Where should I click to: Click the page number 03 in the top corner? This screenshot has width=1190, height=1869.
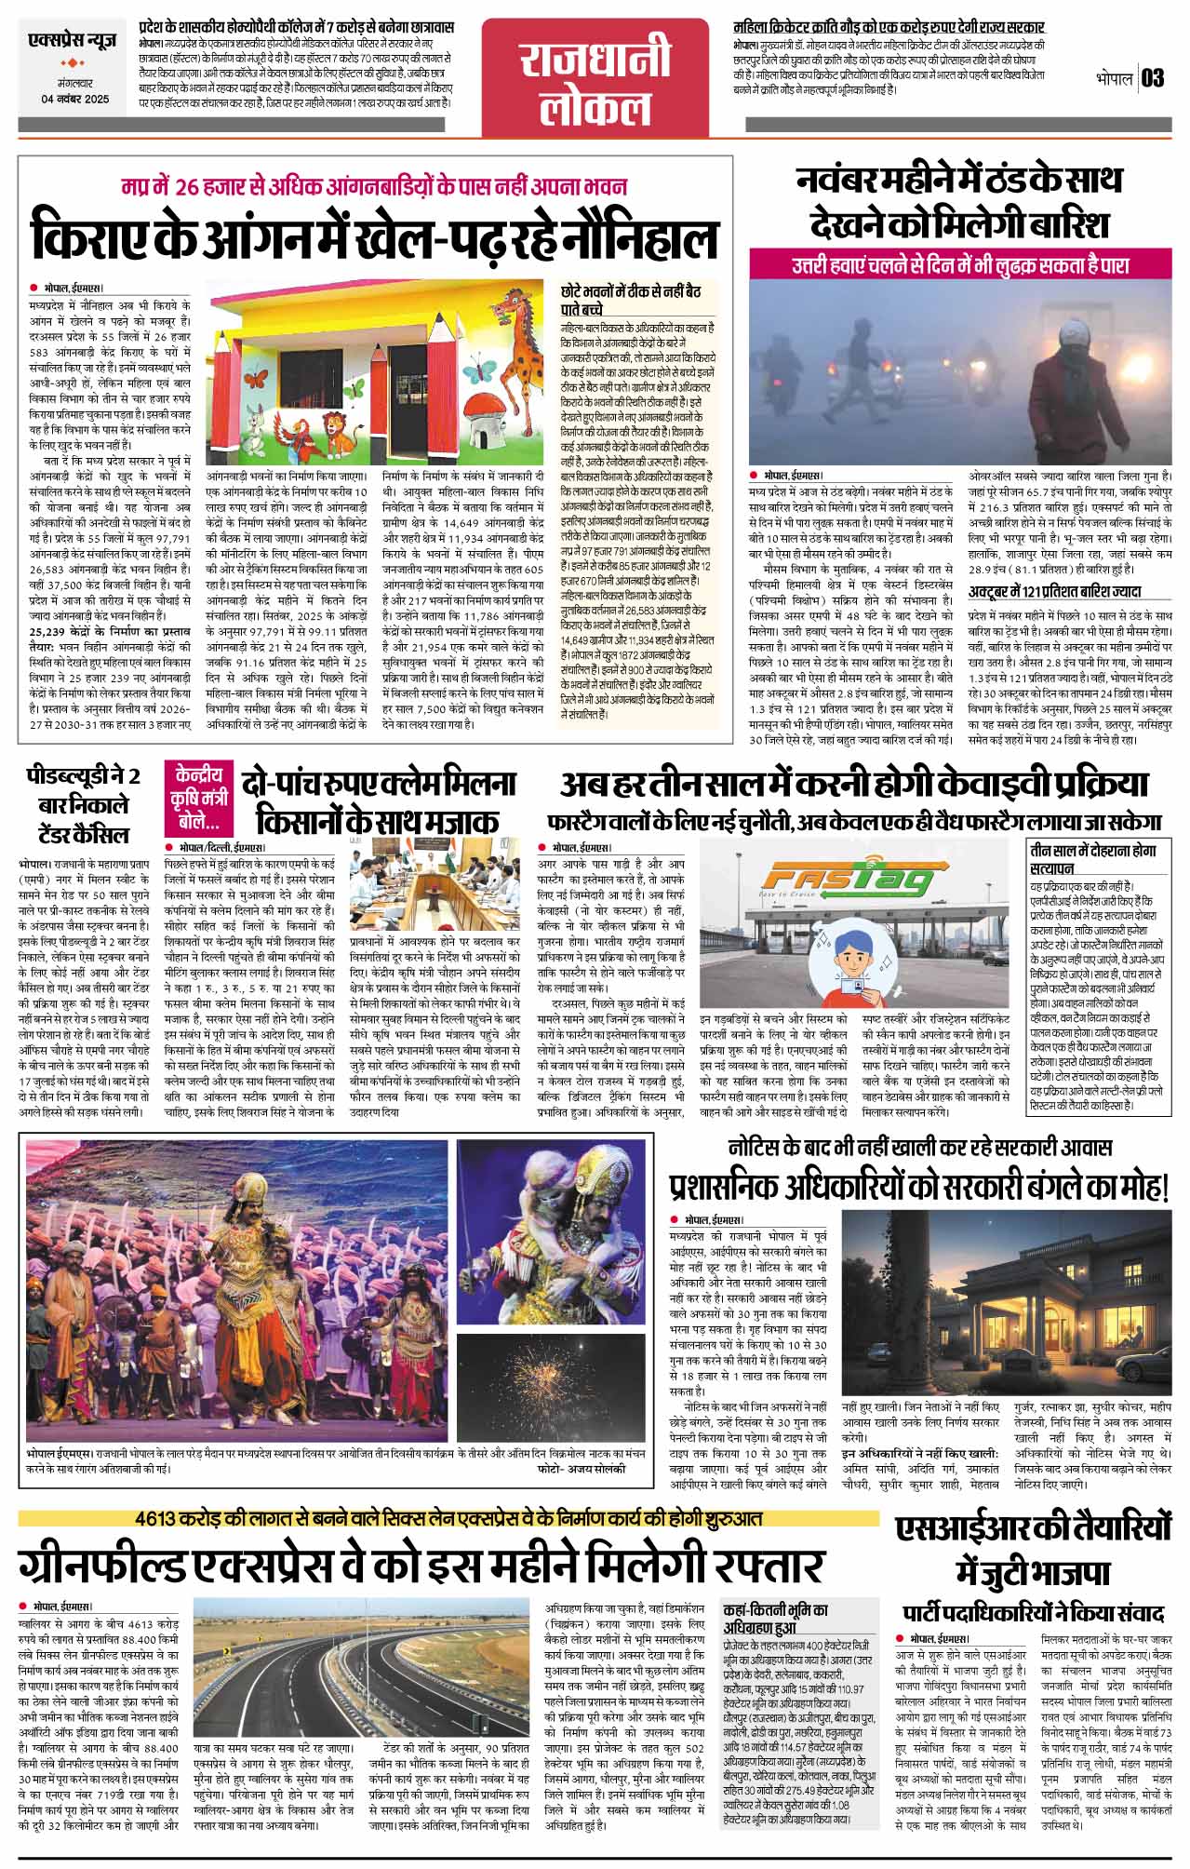click(1152, 78)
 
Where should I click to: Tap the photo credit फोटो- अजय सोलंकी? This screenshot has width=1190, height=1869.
click(581, 1467)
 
